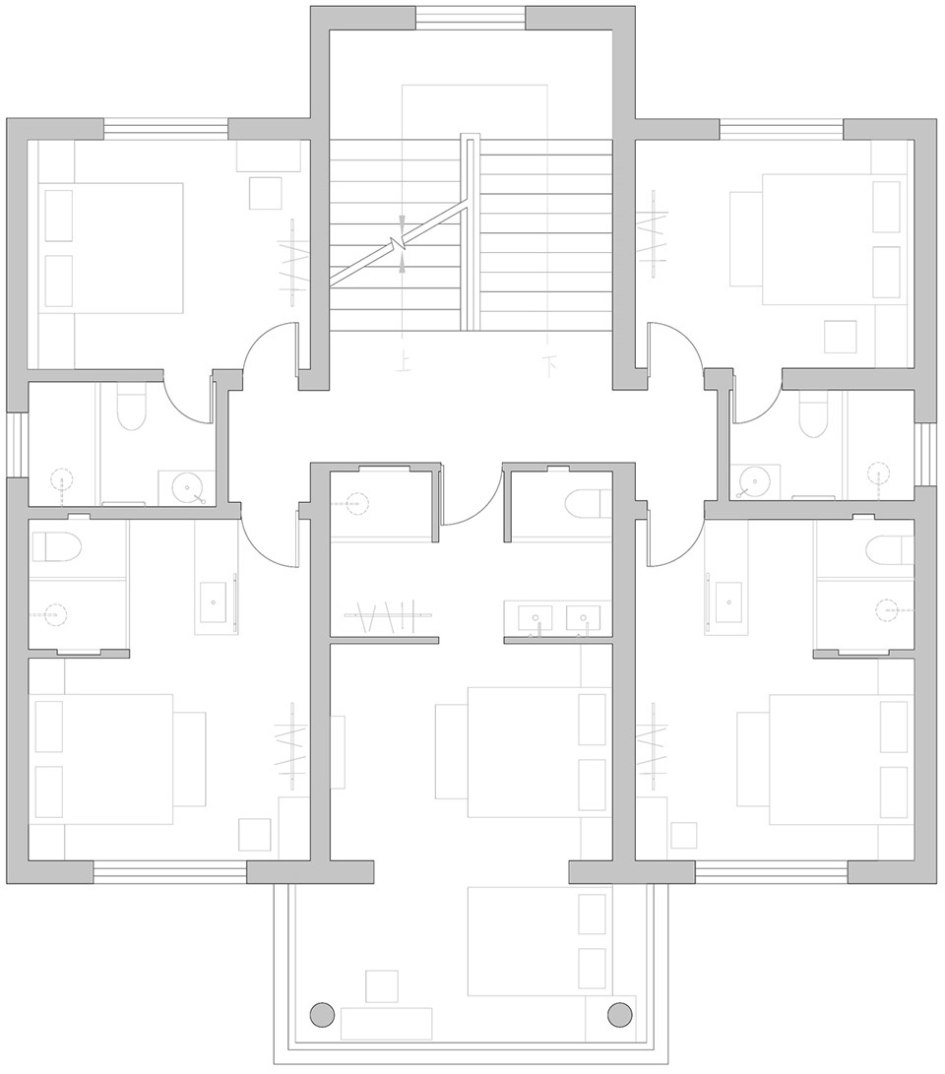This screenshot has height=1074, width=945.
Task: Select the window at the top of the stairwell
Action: coord(471,18)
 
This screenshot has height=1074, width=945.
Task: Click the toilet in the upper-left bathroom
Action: coord(132,407)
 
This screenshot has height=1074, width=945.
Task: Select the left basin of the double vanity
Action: coord(536,617)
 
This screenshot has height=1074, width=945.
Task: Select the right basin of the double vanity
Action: coord(584,617)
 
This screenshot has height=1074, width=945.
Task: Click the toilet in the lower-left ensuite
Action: coord(55,546)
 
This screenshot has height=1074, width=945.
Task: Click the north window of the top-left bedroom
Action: coord(165,129)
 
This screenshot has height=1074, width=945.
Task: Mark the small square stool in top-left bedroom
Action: coord(265,193)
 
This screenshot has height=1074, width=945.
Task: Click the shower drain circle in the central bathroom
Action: coord(356,503)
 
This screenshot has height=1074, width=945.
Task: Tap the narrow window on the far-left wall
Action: coord(17,445)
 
